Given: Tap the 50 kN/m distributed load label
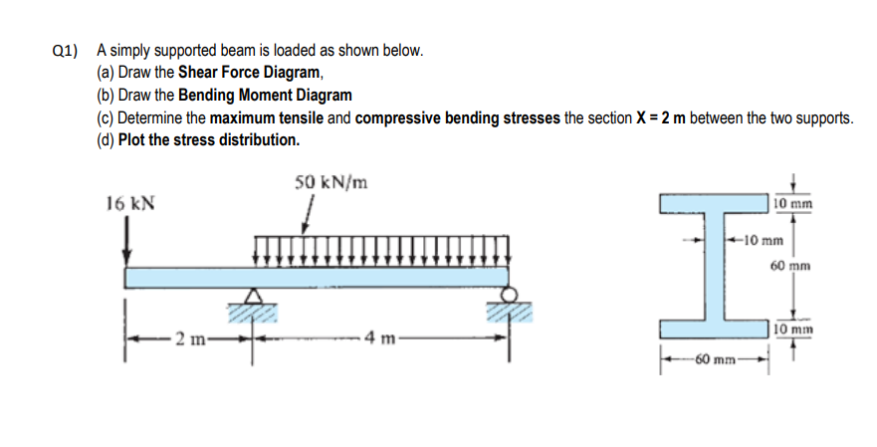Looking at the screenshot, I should pyautogui.click(x=331, y=183).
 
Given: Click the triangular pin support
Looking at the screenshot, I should pyautogui.click(x=255, y=296).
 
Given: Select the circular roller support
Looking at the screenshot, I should pyautogui.click(x=510, y=295).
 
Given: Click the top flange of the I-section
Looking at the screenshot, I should pyautogui.click(x=713, y=204).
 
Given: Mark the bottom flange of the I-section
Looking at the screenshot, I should pyautogui.click(x=713, y=329).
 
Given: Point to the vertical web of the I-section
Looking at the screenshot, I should pyautogui.click(x=713, y=266).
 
